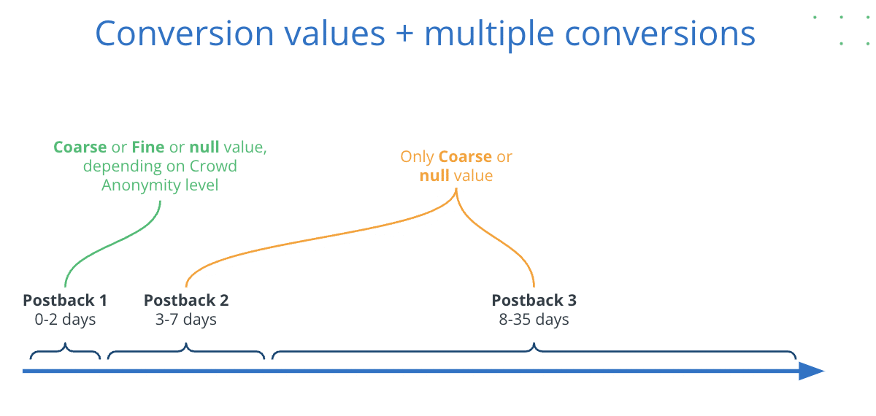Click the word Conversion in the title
point(184,34)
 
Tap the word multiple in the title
point(489,35)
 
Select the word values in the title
point(335,34)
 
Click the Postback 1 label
point(65,300)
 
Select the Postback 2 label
point(186,300)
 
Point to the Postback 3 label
point(534,300)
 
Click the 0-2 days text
point(65,320)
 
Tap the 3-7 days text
point(186,320)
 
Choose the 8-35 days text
point(534,320)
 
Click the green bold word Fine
point(147,147)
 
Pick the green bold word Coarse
point(80,147)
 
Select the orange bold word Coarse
point(466,157)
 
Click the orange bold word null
point(434,176)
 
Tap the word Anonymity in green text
point(141,185)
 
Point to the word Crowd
point(213,166)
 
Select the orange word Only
point(417,157)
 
